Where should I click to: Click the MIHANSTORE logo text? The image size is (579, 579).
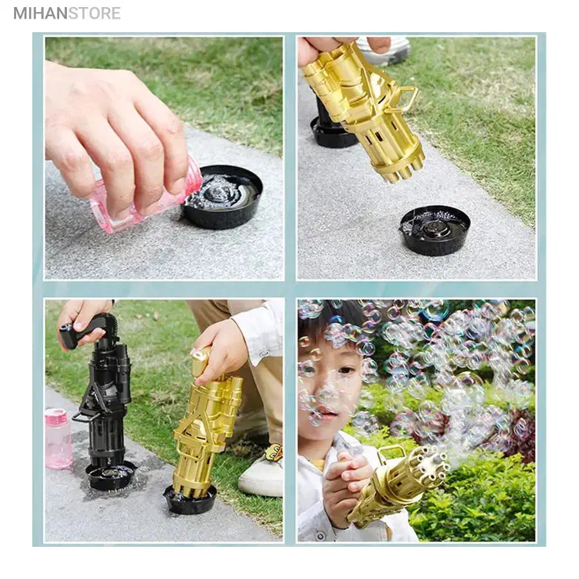tap(67, 13)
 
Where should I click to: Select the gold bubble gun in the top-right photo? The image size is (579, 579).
tap(363, 109)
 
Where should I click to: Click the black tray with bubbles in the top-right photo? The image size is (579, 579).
tap(434, 230)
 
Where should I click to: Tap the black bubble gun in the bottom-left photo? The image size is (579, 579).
tap(103, 392)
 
